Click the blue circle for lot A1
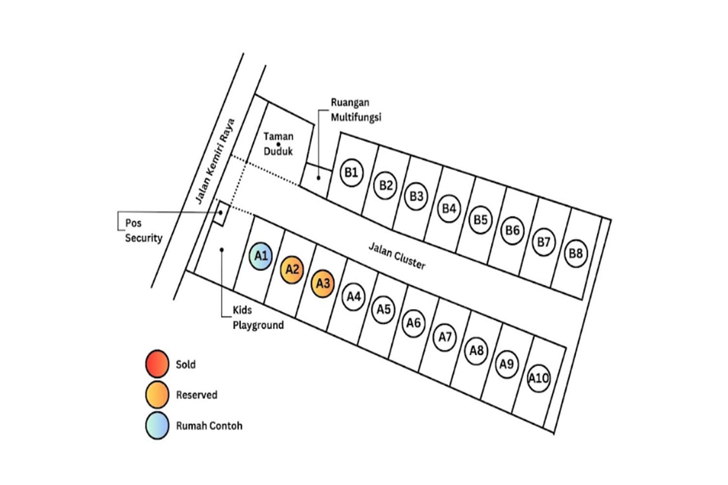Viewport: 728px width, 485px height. (261, 256)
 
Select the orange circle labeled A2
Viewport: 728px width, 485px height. (292, 270)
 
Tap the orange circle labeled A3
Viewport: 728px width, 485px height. (323, 283)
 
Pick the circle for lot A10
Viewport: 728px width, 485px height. (538, 378)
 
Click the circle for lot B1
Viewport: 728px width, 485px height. (351, 173)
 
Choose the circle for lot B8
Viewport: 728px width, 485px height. (576, 253)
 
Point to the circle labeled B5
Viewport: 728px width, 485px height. (480, 220)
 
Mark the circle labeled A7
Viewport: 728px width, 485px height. (445, 337)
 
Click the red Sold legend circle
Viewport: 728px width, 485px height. (157, 364)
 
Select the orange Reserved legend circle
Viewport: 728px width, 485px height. (157, 394)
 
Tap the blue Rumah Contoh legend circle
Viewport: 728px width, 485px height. (157, 425)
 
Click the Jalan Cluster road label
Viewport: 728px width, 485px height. (397, 256)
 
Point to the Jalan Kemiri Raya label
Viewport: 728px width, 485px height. (215, 161)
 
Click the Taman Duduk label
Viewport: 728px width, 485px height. (278, 144)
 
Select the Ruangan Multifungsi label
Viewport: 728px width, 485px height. (356, 110)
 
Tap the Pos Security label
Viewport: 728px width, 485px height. (143, 230)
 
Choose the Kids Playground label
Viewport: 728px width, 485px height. (258, 318)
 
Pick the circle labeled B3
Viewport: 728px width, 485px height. (416, 196)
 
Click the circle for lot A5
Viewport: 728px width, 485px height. (383, 309)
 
